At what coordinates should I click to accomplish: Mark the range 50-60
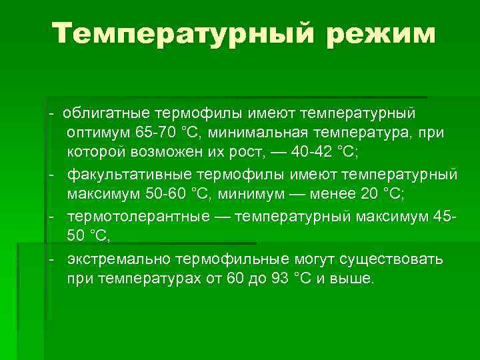165,193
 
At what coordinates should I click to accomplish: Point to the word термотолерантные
133,216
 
